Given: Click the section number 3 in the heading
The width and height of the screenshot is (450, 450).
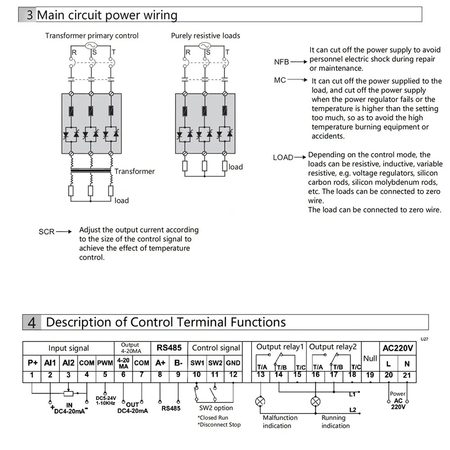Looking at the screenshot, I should (29, 15).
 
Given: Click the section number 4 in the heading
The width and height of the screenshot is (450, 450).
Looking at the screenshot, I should (32, 323).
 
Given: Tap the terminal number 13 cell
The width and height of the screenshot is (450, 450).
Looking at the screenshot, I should (261, 375).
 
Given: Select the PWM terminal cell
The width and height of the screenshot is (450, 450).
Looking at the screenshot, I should (105, 363).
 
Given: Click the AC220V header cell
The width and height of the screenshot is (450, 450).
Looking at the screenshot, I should (398, 348).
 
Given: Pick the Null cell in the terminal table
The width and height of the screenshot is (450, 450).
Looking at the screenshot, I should (370, 358).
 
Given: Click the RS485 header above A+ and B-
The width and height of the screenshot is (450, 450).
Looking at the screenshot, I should (169, 348).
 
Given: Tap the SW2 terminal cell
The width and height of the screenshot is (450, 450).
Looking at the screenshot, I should (215, 363).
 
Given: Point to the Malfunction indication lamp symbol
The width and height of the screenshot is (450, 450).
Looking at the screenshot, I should (260, 401).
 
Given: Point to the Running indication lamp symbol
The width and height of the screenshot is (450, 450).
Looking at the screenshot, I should (316, 401).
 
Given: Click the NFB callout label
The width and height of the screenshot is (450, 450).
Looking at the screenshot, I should (282, 62).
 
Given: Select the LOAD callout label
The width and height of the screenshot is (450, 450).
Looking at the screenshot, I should (283, 157).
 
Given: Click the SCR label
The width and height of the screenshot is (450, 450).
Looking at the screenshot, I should (46, 232).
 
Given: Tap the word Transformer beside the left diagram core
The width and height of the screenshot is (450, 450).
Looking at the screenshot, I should (134, 171).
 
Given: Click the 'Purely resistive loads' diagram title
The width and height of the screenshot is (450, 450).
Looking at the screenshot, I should (205, 36).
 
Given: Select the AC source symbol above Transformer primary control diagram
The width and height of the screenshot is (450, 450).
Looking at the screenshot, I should (91, 46).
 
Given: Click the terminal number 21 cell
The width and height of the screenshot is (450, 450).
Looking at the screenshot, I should (407, 375).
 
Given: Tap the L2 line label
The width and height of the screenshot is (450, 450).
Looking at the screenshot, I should (353, 410).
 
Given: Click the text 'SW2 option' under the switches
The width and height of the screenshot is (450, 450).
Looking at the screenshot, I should (216, 408).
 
